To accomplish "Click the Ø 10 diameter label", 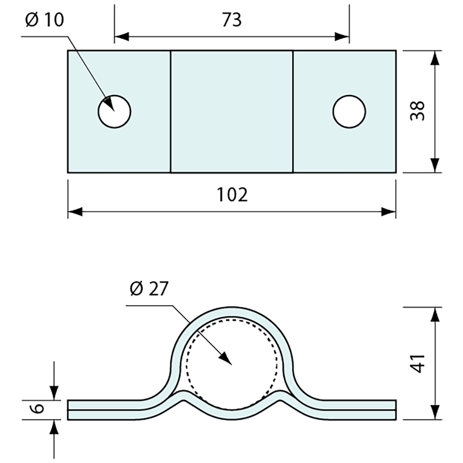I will [45, 20].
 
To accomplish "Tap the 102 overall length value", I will [232, 194].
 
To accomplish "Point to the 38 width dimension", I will [418, 111].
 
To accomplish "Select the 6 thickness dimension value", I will [38, 409].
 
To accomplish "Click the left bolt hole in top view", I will [114, 112].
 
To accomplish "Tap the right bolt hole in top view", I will [349, 112].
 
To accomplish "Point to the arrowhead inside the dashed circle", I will [225, 357].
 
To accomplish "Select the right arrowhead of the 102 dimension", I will [388, 212].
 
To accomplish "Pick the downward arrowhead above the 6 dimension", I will [54, 392].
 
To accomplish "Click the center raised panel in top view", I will [231, 112].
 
